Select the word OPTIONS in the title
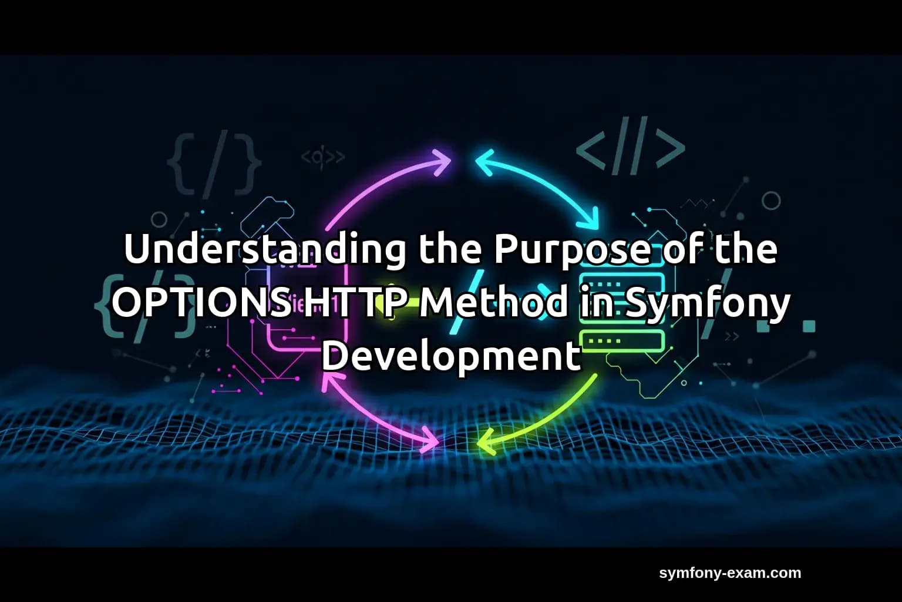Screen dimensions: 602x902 (x=200, y=303)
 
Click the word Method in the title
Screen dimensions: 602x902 (x=493, y=303)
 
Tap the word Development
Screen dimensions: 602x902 (x=451, y=356)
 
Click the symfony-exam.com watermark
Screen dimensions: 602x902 (x=730, y=573)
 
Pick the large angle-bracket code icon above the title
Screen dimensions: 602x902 (x=631, y=145)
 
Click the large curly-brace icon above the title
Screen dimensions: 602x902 (x=214, y=163)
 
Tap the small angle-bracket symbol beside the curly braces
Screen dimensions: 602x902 (x=322, y=157)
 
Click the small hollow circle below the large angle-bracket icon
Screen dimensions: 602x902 (x=771, y=201)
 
